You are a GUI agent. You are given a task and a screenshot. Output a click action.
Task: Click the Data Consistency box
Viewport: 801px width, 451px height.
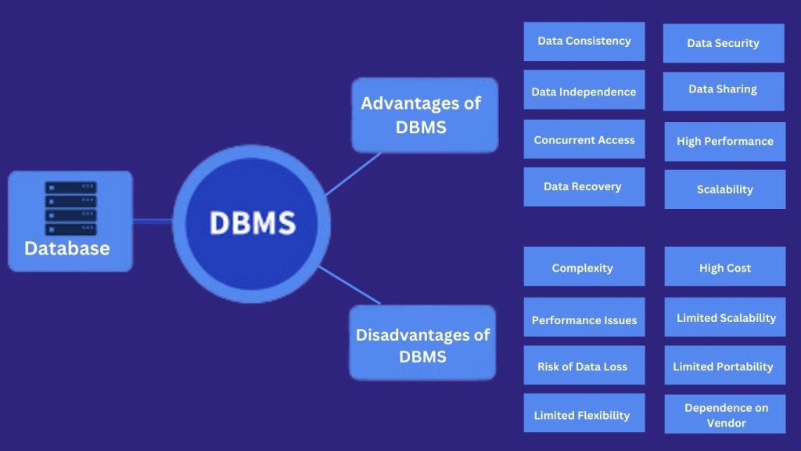click(584, 41)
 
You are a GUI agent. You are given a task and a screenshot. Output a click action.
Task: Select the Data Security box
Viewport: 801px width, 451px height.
click(723, 43)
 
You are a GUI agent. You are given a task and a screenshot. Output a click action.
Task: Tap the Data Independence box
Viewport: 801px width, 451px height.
click(584, 92)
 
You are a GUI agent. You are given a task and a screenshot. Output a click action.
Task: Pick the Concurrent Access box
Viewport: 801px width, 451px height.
click(584, 140)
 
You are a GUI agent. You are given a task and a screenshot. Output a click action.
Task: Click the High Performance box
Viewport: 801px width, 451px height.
click(724, 142)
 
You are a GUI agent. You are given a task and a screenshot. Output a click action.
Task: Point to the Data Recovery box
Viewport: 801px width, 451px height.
click(584, 187)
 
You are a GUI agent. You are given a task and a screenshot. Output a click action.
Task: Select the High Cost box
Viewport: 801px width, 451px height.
click(724, 268)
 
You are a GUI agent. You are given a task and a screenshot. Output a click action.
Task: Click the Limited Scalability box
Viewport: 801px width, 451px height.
click(725, 318)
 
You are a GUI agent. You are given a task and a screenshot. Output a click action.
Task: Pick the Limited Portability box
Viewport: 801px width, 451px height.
click(724, 366)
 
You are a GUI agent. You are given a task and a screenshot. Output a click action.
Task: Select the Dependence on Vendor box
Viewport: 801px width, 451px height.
click(725, 415)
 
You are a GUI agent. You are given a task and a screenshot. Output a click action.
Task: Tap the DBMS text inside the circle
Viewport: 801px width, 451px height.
click(252, 223)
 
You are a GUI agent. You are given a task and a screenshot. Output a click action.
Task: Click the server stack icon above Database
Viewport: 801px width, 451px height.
click(70, 208)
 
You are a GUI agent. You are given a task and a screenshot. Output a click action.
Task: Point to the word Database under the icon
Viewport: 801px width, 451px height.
click(66, 249)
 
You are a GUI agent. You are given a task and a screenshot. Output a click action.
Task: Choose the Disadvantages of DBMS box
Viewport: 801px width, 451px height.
click(422, 345)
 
